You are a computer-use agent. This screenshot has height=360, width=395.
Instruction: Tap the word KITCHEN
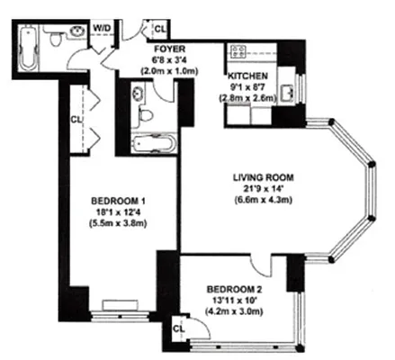[246, 76]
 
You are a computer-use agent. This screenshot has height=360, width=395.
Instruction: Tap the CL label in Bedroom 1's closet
[76, 117]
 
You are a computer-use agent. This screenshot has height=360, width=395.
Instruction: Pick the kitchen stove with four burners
[239, 52]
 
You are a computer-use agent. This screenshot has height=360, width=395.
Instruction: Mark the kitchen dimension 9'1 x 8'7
[246, 88]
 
